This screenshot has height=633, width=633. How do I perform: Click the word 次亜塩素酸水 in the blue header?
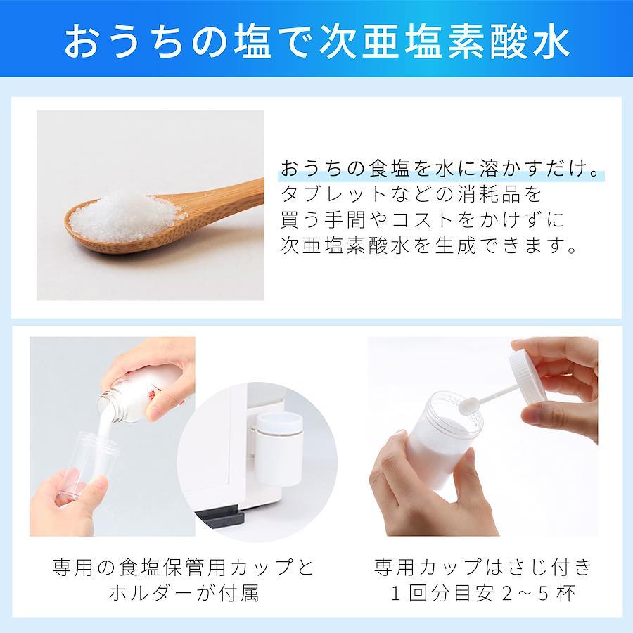[x=445, y=42]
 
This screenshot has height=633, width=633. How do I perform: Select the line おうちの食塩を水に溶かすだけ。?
[x=440, y=168]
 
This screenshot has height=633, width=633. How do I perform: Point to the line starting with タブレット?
[x=411, y=194]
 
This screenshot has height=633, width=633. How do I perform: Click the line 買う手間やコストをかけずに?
[x=422, y=219]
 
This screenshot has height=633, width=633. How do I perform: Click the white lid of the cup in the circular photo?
[x=279, y=423]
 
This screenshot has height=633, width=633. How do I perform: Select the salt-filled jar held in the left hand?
[x=443, y=440]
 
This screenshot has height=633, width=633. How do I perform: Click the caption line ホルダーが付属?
[x=184, y=593]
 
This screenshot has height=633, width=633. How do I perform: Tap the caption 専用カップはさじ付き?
[x=483, y=567]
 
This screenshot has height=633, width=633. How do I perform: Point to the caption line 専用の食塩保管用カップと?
[x=184, y=567]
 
